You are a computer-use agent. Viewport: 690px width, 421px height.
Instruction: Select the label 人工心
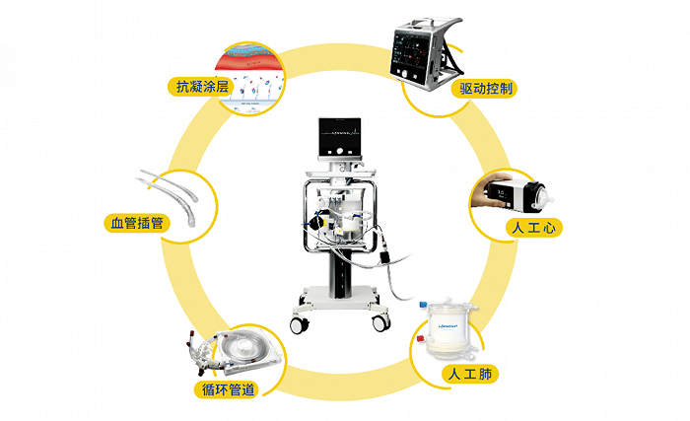pos(532,228)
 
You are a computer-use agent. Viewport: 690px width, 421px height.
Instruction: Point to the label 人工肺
pos(468,374)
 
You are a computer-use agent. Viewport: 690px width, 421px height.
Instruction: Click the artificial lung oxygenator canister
pos(448,330)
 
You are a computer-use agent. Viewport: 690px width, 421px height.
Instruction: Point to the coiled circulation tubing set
pos(236,351)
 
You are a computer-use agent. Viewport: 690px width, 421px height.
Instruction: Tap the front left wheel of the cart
pos(295,324)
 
